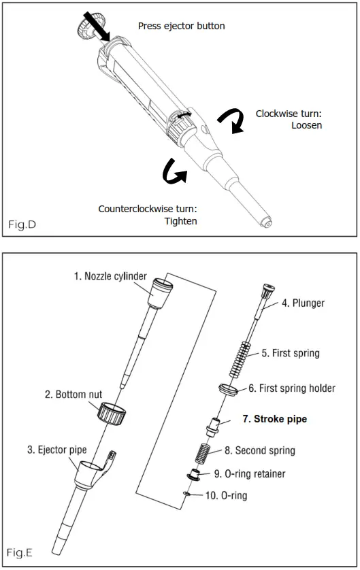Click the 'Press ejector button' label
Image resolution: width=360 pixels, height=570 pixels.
181,26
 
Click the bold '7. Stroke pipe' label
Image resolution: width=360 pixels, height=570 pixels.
274,419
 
